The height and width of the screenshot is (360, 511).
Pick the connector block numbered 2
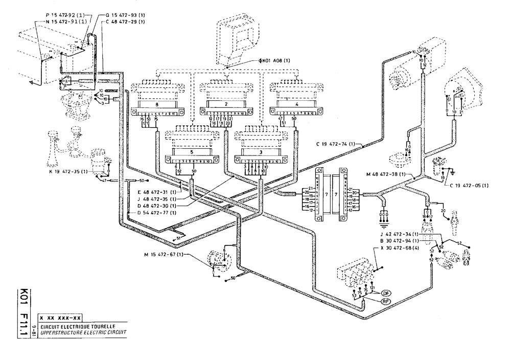click(225, 104)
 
